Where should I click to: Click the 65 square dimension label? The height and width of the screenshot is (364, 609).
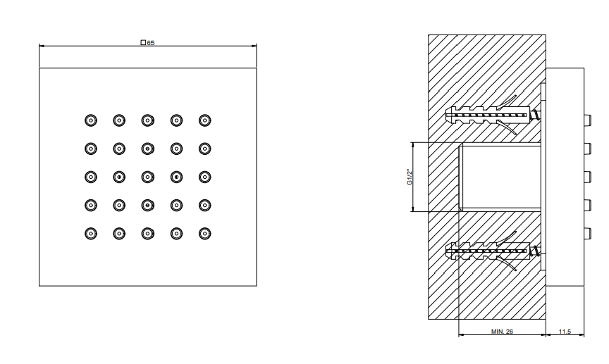[148, 43]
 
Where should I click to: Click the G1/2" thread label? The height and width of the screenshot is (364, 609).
[410, 176]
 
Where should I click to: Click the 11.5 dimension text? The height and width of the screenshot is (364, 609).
[565, 332]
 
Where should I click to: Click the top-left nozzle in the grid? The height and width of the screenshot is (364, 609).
[90, 120]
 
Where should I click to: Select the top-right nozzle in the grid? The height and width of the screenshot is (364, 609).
[205, 120]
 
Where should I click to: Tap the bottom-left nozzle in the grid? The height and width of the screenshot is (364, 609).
[90, 233]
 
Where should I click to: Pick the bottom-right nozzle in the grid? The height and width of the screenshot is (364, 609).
[205, 233]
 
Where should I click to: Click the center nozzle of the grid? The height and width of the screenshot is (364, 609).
[147, 177]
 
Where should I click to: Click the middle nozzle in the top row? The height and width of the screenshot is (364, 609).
[147, 120]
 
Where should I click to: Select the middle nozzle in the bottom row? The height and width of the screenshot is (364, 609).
[147, 233]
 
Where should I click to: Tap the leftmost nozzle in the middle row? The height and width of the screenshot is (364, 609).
[90, 177]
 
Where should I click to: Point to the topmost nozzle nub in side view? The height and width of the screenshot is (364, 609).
[586, 120]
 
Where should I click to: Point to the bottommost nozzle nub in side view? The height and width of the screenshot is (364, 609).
[586, 233]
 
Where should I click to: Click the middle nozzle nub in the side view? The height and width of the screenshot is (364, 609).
[586, 176]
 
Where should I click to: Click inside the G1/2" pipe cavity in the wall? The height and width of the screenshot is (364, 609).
[500, 177]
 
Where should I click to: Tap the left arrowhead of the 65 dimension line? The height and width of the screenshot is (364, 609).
[42, 46]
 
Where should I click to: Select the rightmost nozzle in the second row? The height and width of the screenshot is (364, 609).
[205, 149]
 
